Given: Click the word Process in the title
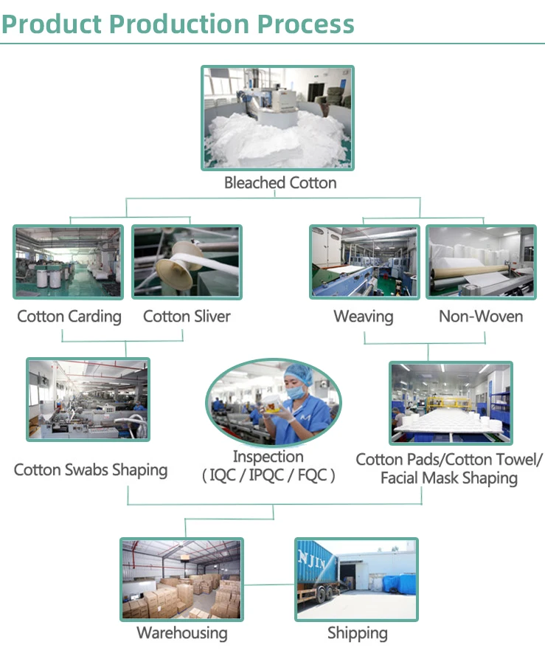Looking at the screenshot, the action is tap(305, 24).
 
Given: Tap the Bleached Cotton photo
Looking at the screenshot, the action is tap(277, 117).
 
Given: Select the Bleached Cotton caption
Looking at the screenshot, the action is tap(280, 183).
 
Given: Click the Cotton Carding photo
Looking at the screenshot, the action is tap(68, 262).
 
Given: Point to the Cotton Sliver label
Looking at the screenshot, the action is tap(187, 317).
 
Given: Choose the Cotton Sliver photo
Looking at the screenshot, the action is tap(187, 262).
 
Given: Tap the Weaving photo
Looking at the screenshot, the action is tap(364, 262).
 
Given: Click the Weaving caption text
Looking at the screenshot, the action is tap(364, 317).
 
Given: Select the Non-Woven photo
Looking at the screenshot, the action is tap(481, 262).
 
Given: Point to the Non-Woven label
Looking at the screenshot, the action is tap(481, 317).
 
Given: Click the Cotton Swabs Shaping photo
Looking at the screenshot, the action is tap(88, 399).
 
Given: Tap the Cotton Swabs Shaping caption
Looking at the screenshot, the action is tap(91, 470).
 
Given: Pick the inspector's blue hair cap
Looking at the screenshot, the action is tap(299, 372).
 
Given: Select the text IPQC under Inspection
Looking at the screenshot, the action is tap(268, 475).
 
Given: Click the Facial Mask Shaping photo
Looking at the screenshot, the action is tap(450, 403).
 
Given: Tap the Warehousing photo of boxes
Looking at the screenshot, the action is tap(181, 579).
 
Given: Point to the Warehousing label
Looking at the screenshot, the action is tap(182, 633).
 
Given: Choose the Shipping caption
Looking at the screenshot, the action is tap(358, 633).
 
